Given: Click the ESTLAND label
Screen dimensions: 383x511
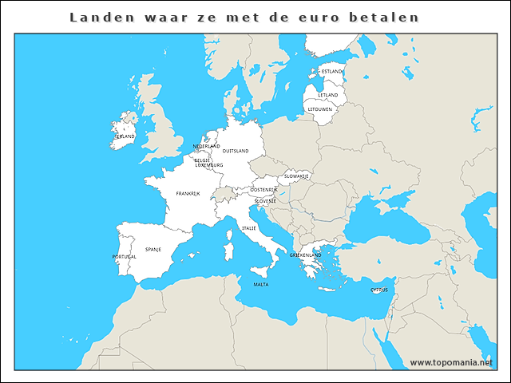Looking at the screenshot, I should coord(331,71).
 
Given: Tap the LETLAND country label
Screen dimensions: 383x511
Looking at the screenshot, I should coord(328,95).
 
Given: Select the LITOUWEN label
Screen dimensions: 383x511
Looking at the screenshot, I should coord(320,109).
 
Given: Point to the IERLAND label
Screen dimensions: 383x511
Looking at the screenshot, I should coord(124,136).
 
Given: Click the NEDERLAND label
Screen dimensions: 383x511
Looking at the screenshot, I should coord(207,147).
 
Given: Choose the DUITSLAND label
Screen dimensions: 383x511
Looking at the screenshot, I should coord(236,151).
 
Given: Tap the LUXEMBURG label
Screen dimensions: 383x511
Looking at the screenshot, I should coord(210,165).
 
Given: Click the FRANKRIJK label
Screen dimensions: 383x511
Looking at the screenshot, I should coord(188,194).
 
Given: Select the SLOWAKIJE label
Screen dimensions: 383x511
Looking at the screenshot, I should coord(297,175).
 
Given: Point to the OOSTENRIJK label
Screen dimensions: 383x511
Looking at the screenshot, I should coord(263,190).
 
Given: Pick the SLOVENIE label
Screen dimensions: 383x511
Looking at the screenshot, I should coord(266,201).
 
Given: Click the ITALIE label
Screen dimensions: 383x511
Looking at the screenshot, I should coord(249,228).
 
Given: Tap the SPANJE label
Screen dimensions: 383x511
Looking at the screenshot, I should coord(153,249).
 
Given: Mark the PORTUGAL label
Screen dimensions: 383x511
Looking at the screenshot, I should coord(124,257).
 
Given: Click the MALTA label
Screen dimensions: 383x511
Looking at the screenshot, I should coord(261,284).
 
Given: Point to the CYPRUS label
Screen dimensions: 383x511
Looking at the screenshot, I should coord(379,290).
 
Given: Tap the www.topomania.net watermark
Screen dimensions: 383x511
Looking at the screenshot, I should coord(457,363).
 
